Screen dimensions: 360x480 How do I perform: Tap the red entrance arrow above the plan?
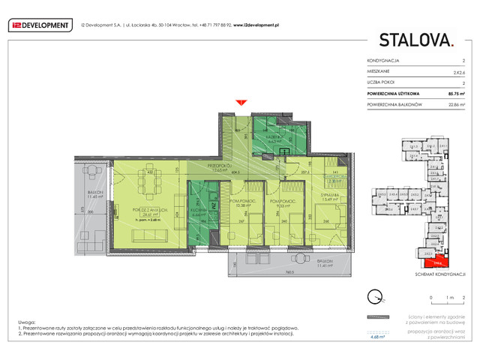tap(241, 102)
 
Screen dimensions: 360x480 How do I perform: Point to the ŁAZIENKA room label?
tap(273, 136)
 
